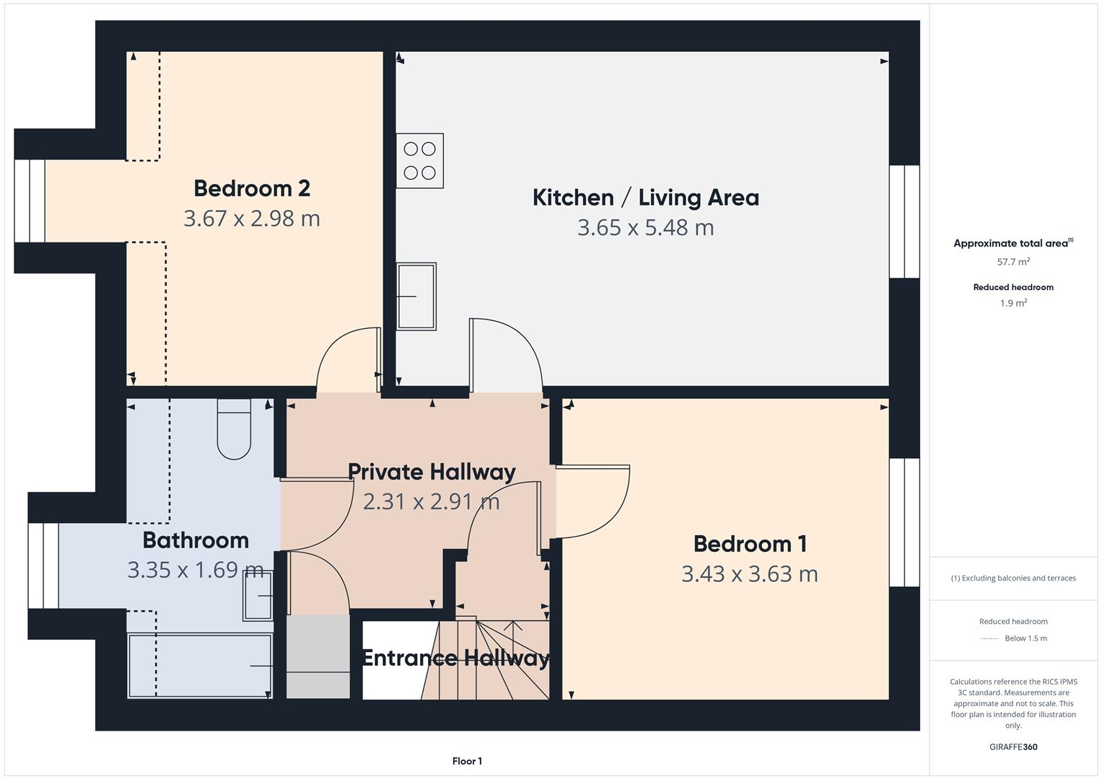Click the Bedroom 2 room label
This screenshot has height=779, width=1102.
(x=252, y=188)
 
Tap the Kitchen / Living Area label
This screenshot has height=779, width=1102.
(x=645, y=198)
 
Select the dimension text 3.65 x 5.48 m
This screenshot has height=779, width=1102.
(x=645, y=228)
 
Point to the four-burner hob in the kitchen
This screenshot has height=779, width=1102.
(x=419, y=161)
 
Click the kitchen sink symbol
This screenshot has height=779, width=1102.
(x=416, y=296)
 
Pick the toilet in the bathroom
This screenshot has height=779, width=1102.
(x=234, y=430)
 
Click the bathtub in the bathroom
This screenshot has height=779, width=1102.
(x=200, y=666)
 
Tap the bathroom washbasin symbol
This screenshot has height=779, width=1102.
(x=258, y=596)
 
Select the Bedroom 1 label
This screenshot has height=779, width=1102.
(x=750, y=544)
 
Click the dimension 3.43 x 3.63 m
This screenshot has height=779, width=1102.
(x=750, y=574)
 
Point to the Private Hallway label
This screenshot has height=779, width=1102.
(x=432, y=472)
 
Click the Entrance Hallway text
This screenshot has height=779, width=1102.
(x=455, y=658)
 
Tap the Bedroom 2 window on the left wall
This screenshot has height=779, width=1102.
(x=30, y=201)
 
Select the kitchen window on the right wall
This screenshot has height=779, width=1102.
(x=904, y=221)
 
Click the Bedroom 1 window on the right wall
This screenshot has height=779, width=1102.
(x=904, y=522)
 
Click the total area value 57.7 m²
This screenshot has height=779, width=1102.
(x=1013, y=262)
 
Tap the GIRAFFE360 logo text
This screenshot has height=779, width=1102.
(x=1013, y=747)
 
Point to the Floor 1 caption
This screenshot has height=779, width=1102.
(x=467, y=761)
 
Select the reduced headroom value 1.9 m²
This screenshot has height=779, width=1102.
(x=1013, y=304)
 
